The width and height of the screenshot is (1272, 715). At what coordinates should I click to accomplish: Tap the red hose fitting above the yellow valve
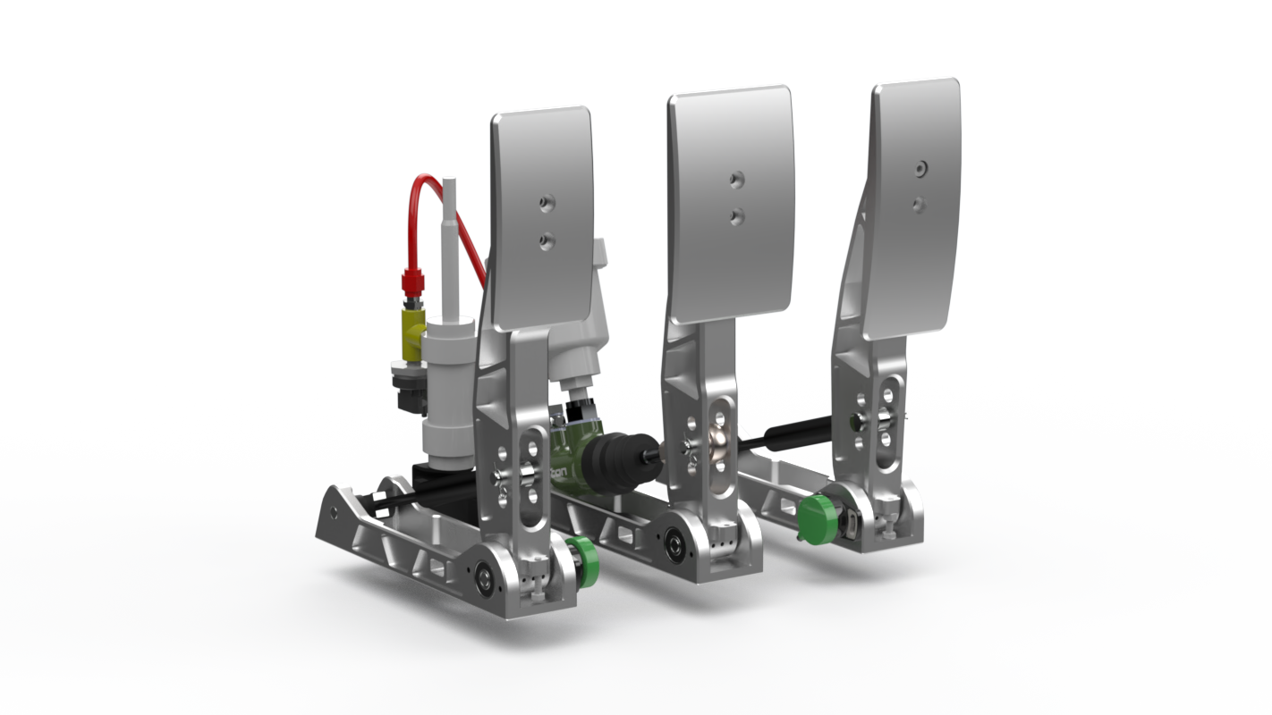click(411, 283)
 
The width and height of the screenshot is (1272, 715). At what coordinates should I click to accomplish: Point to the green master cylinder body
click(564, 447)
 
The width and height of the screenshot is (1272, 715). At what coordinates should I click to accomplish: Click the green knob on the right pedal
click(816, 519)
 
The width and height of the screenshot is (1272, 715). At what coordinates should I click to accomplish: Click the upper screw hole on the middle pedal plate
click(736, 180)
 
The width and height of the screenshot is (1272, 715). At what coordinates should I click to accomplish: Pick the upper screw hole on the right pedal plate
click(921, 167)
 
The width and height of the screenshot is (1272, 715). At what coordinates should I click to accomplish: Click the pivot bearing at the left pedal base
click(484, 573)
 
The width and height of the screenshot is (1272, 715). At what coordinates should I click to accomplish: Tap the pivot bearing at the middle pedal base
click(673, 539)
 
